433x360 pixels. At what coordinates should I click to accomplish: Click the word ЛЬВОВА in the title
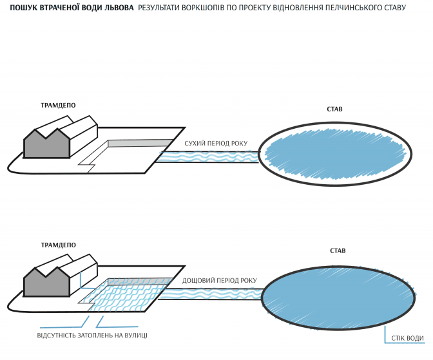point(117,7)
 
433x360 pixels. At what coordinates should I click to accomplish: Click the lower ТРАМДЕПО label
point(59,245)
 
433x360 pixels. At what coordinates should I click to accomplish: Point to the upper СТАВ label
point(334,109)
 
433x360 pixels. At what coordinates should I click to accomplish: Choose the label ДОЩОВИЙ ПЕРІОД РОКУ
point(220,281)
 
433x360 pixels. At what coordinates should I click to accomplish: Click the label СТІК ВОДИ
point(407,338)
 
